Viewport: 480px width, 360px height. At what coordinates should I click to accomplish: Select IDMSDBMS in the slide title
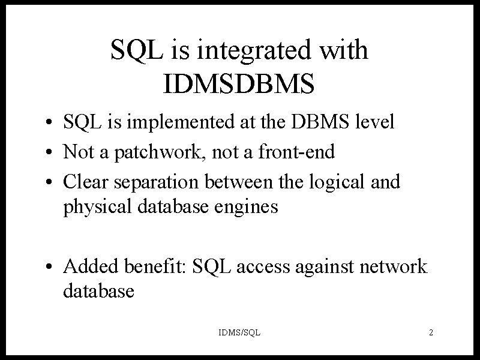coord(239,83)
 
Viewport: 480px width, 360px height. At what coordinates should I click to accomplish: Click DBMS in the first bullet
coord(320,122)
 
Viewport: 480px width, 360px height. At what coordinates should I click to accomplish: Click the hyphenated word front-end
coord(296,151)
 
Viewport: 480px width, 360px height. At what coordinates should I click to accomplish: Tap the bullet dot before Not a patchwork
coord(49,152)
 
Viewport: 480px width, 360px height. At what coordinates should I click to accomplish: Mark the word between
coord(238,181)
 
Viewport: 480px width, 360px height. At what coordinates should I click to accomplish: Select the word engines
coord(246,206)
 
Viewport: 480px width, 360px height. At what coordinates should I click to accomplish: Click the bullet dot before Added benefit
coord(49,266)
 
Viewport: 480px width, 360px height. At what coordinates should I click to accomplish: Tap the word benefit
coord(154,266)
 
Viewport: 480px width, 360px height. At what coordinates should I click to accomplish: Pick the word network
coord(393,266)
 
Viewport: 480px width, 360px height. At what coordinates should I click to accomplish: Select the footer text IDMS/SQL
coord(239,332)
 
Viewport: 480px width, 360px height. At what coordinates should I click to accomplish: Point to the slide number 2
coord(431,332)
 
